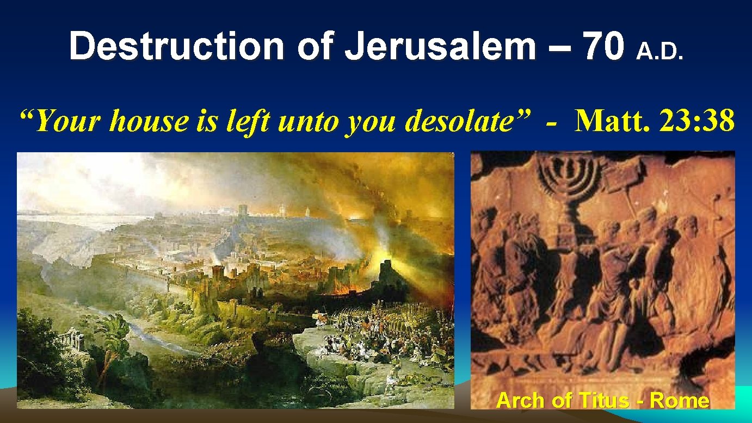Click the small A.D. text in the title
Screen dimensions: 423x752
659,52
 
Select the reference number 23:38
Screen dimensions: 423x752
698,121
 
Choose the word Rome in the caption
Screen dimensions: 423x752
680,401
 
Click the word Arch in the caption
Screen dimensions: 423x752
520,401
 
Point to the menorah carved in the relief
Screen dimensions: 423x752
572,179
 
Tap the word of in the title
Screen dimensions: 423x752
317,46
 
